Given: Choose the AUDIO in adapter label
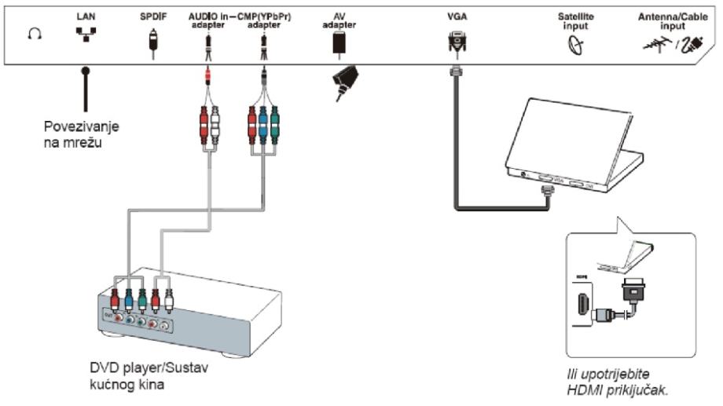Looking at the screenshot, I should point(207,19).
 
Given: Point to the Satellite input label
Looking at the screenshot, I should point(578,19).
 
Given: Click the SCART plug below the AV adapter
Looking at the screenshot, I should point(343,82).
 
